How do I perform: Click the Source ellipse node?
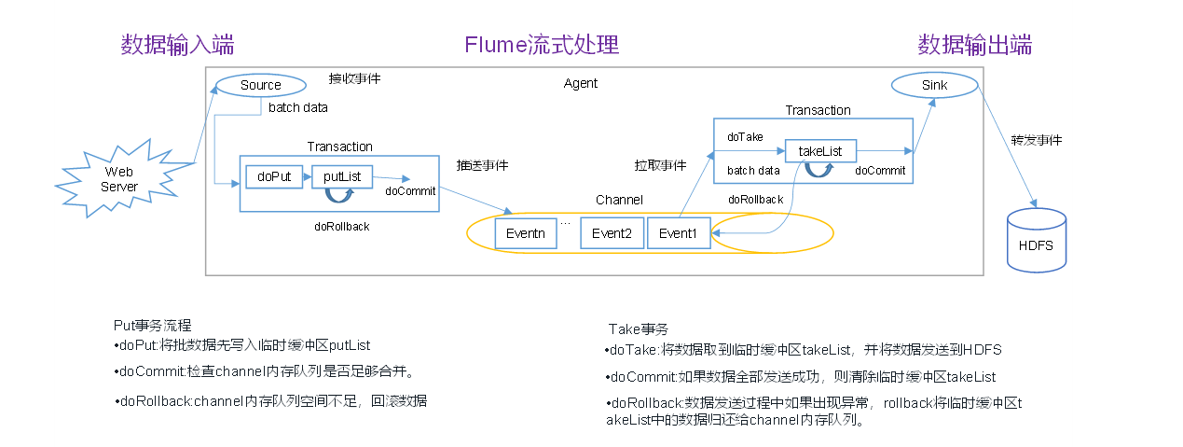coord(260,85)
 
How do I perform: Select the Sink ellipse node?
coord(934,85)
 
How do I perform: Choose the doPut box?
coord(274,175)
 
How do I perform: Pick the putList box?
coord(342,175)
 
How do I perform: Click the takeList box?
coord(820,151)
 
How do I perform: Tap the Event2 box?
coord(612,233)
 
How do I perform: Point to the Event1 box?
coord(679,233)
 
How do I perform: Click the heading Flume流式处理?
coord(542,45)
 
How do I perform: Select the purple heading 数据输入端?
coord(177,45)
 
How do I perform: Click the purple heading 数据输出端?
coord(974,45)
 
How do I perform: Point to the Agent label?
coord(581,84)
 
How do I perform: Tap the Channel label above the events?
coord(619,201)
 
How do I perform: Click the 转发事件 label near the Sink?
coord(1037,140)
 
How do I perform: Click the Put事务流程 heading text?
coord(152,326)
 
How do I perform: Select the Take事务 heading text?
coord(639,329)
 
